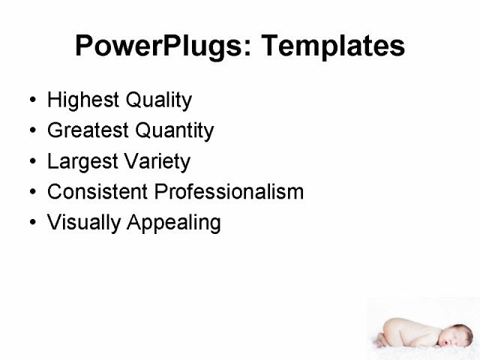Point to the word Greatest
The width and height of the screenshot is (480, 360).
[85, 130]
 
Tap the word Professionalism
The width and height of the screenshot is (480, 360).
[229, 192]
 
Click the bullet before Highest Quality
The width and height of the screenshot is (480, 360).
[31, 100]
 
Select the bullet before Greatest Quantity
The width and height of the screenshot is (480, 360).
[31, 131]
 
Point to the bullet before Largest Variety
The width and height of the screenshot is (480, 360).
[31, 162]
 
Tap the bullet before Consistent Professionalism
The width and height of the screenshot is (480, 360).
[31, 193]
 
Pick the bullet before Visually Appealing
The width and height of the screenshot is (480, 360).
[31, 223]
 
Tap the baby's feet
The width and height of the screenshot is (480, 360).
[383, 337]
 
